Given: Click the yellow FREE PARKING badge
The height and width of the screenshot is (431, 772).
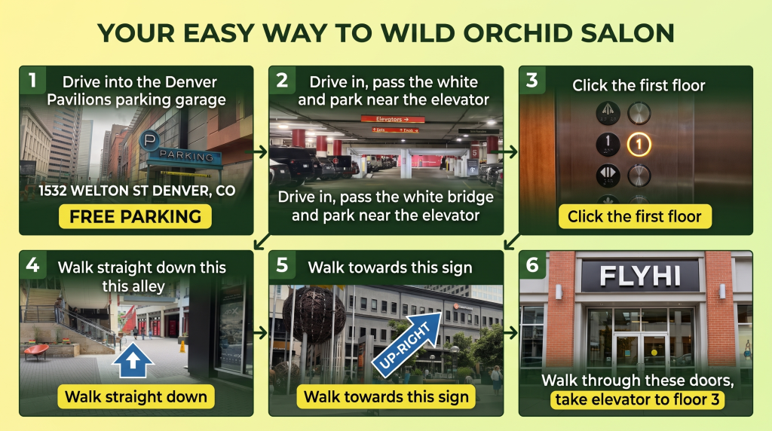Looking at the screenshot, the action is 136,216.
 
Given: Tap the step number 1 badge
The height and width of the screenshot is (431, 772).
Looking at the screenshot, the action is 32,80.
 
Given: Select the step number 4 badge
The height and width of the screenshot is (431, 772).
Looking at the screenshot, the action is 32,264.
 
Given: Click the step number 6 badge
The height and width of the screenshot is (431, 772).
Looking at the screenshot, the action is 532,264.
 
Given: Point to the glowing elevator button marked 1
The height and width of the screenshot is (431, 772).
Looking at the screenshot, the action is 639,145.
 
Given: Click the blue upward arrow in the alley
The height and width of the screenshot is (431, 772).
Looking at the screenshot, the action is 133,359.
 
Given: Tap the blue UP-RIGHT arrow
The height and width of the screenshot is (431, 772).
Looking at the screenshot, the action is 407,344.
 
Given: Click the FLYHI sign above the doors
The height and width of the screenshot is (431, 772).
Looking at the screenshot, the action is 640,276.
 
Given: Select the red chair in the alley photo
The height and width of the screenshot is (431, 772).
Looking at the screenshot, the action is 36,351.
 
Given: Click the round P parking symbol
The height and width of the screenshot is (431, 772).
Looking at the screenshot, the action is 150,141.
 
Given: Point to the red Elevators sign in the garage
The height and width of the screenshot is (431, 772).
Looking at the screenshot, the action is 392,119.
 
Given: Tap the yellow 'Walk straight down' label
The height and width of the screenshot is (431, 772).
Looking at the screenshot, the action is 136,396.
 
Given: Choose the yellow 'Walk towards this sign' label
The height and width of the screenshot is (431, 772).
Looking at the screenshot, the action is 386,396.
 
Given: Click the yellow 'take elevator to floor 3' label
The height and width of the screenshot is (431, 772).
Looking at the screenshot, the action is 637,399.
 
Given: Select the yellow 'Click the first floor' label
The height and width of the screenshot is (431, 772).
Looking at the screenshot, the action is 635,216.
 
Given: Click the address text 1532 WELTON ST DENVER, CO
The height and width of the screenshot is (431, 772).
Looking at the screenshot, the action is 137,191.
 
